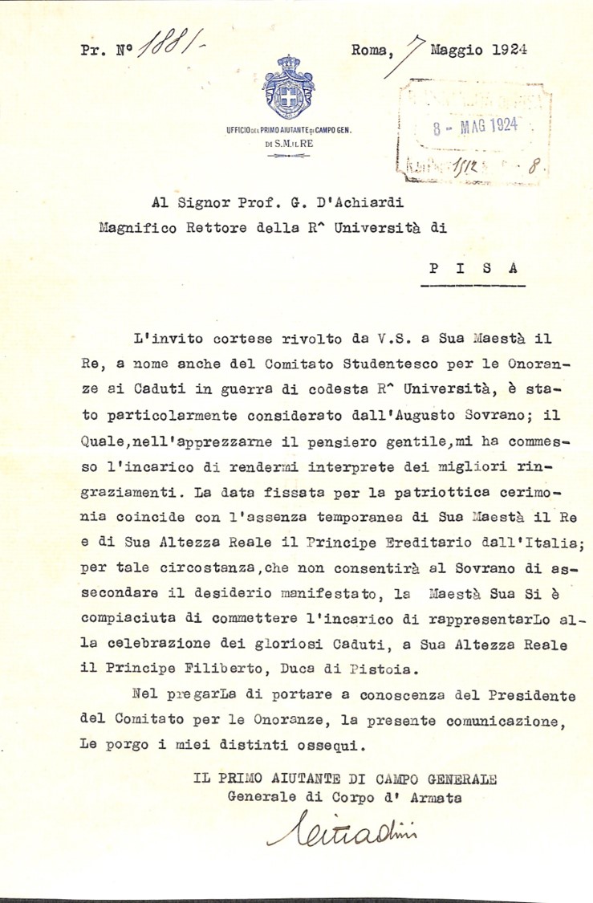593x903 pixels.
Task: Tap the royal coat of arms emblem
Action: click(289, 87)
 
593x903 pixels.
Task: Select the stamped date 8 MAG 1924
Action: click(476, 127)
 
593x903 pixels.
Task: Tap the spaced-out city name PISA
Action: click(473, 269)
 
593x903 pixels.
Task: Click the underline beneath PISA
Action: click(473, 286)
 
